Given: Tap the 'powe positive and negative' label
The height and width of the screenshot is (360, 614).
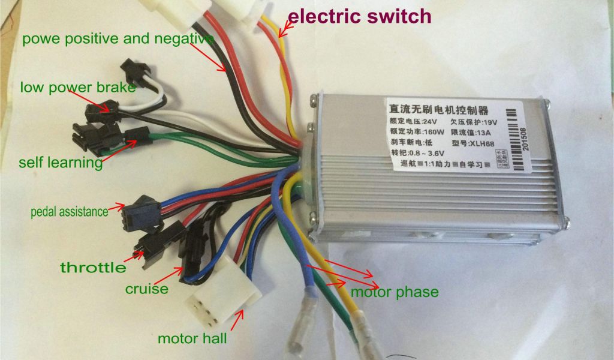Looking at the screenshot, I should [x=118, y=40].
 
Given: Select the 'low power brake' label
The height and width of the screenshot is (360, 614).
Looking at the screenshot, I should [x=78, y=88].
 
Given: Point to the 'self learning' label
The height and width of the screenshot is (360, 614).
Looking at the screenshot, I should [x=61, y=163].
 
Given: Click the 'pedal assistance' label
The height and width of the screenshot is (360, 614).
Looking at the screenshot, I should [x=70, y=212].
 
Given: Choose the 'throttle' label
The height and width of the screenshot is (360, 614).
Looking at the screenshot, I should [x=93, y=267].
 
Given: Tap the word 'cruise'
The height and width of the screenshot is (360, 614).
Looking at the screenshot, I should [x=146, y=289].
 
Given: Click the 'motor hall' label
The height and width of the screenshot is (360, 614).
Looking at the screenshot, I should [x=192, y=338].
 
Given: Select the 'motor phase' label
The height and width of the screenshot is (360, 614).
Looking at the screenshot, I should [x=395, y=293].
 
